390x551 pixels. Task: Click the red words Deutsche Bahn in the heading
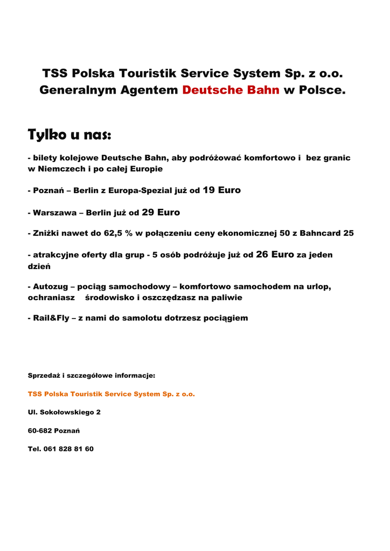(x=231, y=90)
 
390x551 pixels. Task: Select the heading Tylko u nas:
(x=69, y=135)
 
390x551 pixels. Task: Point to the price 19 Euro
(x=221, y=190)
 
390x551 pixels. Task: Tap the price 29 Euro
(x=161, y=213)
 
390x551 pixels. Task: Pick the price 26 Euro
(x=275, y=255)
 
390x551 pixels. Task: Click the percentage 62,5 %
(x=118, y=234)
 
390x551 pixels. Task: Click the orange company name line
(x=111, y=394)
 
